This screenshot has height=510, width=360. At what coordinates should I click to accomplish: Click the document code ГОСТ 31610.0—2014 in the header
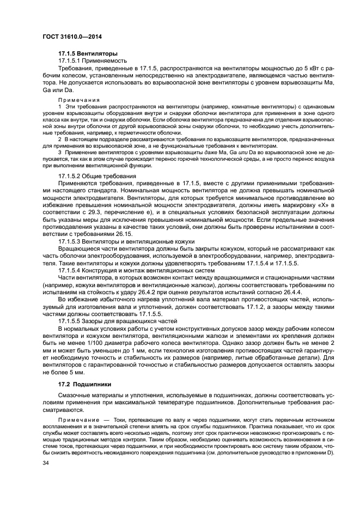[71, 37]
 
